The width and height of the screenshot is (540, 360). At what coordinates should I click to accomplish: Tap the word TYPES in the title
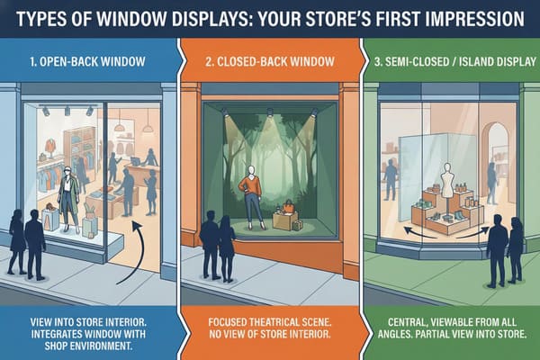(x=52, y=18)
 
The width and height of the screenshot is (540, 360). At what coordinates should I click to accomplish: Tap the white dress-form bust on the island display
(x=447, y=179)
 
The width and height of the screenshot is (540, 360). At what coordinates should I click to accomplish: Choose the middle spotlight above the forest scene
(x=269, y=113)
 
